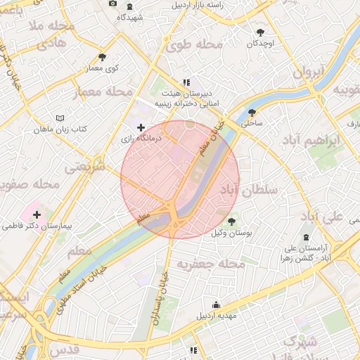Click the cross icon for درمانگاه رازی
click(141, 128)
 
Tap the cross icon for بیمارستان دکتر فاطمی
click(37, 214)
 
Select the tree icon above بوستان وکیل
click(231, 221)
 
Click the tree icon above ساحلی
click(251, 112)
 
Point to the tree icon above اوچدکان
click(261, 32)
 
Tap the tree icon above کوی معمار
click(103, 57)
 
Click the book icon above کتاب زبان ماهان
click(60, 117)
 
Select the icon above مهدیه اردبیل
click(215, 304)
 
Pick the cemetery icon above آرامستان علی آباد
click(305, 237)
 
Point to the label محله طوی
click(195, 44)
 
